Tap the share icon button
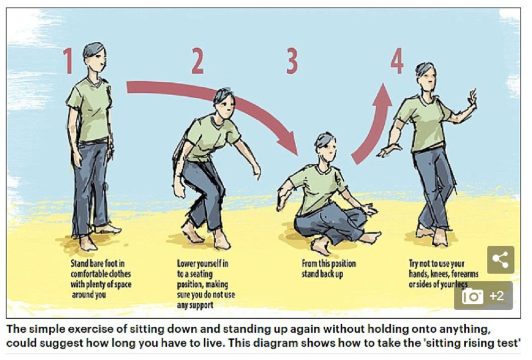pyautogui.click(x=500, y=260)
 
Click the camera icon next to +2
pyautogui.click(x=472, y=296)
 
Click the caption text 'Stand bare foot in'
pyautogui.click(x=97, y=263)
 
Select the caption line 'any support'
pyautogui.click(x=195, y=305)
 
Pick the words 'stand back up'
pyautogui.click(x=322, y=274)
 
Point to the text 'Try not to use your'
pyautogui.click(x=436, y=264)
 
